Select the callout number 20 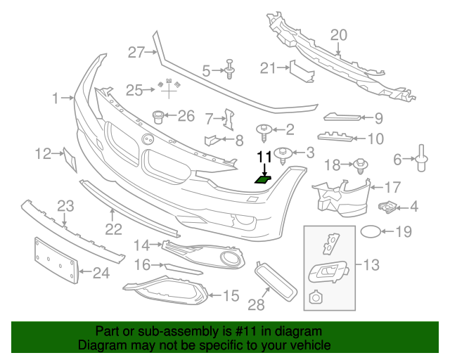tap(339, 35)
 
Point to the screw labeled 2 tap(264, 129)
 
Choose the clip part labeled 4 tap(387, 206)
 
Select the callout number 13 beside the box tap(371, 265)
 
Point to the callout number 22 tap(113, 229)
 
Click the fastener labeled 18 tap(359, 165)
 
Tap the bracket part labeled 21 tap(298, 71)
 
